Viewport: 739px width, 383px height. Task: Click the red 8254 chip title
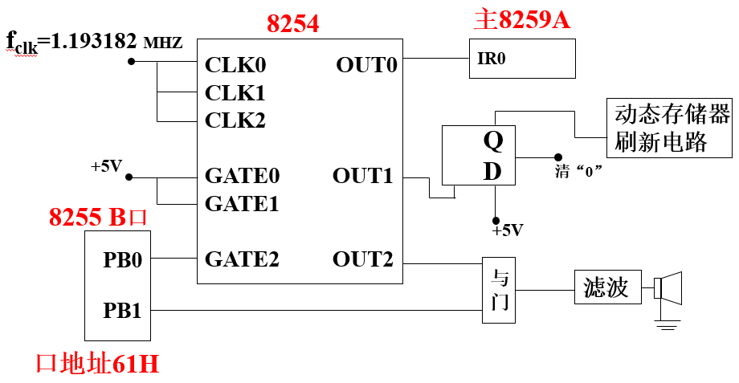(292, 23)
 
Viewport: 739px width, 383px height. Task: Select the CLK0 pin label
(235, 65)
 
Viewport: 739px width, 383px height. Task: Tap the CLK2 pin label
(235, 120)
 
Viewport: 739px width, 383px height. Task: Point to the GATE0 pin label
(242, 176)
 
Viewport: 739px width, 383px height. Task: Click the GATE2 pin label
(242, 259)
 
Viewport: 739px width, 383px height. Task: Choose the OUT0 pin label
(366, 65)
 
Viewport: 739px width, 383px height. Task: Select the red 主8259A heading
(521, 20)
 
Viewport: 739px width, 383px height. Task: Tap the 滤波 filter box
(608, 287)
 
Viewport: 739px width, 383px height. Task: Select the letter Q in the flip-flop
(492, 141)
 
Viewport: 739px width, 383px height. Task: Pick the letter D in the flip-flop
(492, 171)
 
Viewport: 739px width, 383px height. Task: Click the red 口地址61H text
(96, 364)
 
